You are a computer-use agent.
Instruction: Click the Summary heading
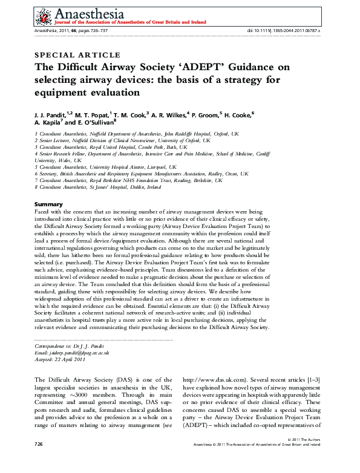coord(48,204)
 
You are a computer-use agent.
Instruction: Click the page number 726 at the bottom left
coord(40,461)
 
